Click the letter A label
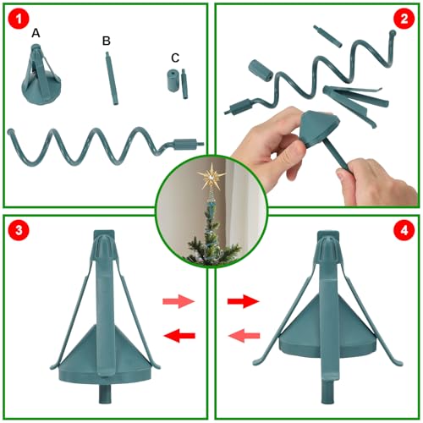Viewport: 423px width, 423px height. click(x=36, y=33)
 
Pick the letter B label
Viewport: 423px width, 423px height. click(x=106, y=40)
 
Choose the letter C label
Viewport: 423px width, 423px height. click(x=174, y=58)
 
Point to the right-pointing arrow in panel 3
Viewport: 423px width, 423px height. click(x=179, y=301)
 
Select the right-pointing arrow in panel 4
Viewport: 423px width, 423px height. click(x=244, y=301)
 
